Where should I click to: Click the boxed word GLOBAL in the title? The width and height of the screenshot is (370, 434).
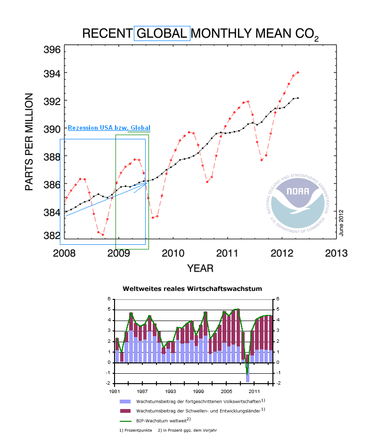click(162, 33)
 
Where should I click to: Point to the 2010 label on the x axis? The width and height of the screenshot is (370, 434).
click(174, 253)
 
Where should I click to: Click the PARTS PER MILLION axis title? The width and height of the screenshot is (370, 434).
click(29, 142)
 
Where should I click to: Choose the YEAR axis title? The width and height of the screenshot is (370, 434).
click(200, 268)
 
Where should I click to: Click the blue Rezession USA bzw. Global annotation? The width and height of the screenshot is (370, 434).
click(109, 128)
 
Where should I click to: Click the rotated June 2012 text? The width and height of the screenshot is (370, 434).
click(342, 223)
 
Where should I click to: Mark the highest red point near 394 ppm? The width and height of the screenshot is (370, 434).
click(298, 72)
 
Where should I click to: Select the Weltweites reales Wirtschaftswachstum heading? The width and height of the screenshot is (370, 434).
click(192, 288)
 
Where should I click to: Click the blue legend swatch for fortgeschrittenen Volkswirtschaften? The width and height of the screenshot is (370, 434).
click(125, 402)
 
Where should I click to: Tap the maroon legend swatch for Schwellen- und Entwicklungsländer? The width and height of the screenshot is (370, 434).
click(125, 410)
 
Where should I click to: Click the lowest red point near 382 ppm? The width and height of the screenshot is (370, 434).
click(103, 234)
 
